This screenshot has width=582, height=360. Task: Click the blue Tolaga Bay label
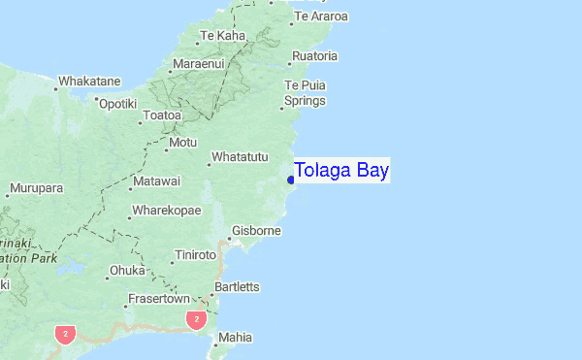click(341, 171)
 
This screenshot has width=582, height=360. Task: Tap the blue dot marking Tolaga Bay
click(291, 180)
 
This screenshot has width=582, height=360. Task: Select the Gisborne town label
click(258, 231)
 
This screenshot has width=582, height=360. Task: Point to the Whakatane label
click(89, 82)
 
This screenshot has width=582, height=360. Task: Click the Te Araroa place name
click(321, 16)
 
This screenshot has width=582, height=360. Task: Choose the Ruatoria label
click(314, 56)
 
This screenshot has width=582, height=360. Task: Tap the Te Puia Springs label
click(305, 93)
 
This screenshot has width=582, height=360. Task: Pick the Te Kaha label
click(222, 36)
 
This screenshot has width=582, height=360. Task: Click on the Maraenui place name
click(198, 64)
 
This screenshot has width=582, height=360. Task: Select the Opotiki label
click(118, 103)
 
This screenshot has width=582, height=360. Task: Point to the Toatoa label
click(162, 115)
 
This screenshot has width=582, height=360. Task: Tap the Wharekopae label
click(167, 211)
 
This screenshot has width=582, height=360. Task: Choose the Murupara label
click(36, 187)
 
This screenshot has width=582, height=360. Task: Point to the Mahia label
click(236, 338)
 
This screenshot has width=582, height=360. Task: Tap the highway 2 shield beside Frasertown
click(197, 319)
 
